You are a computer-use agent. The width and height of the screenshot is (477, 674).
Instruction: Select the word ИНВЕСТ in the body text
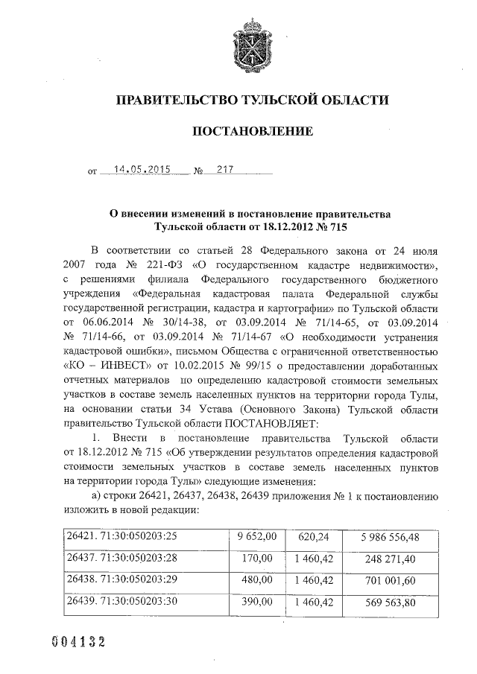click(113, 366)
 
